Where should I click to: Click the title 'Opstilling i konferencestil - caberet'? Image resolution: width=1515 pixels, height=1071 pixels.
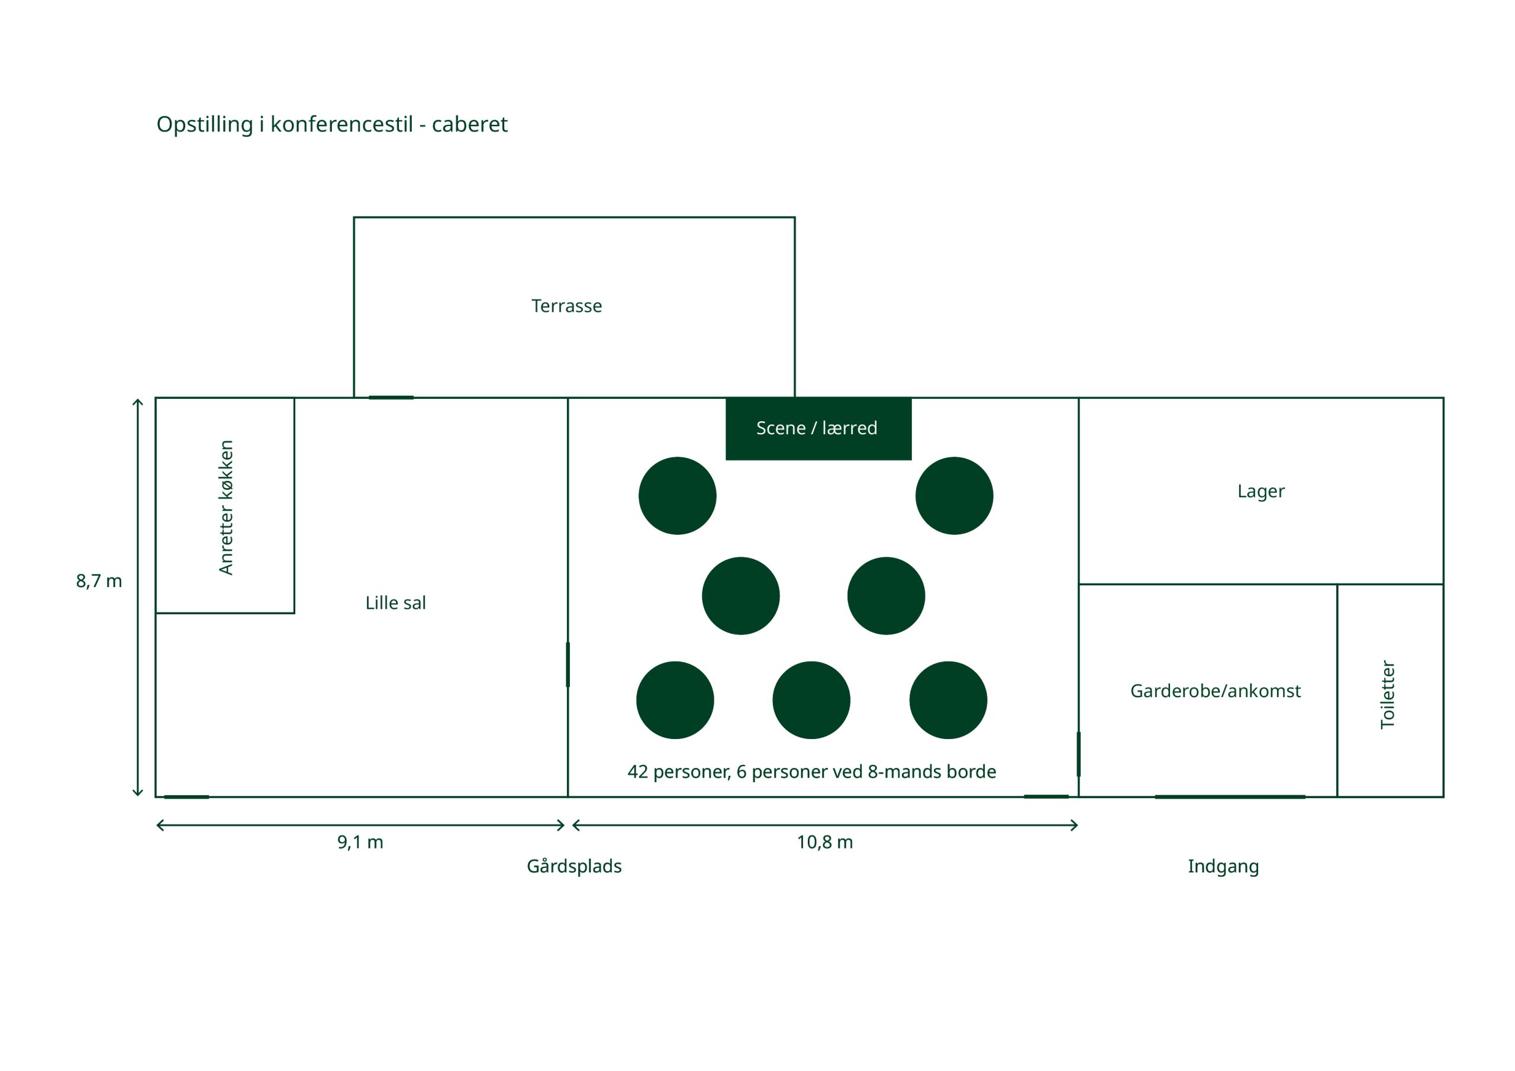[x=332, y=124]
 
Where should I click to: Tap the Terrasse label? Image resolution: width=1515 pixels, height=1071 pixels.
[x=566, y=306]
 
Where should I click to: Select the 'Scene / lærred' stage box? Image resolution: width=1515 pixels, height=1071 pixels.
[x=818, y=428]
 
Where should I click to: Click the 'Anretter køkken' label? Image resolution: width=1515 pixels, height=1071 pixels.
[x=225, y=508]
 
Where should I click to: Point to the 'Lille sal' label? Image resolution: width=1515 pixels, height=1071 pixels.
[x=395, y=602]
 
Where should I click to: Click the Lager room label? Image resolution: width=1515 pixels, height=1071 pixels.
[x=1261, y=492]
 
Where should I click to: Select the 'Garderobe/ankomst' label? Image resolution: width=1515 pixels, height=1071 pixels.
[x=1215, y=691]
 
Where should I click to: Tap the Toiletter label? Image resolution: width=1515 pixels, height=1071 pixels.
[x=1388, y=694]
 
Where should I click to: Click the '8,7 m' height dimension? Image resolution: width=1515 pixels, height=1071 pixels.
[x=99, y=580]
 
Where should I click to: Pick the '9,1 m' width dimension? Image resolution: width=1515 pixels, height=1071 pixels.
[x=360, y=842]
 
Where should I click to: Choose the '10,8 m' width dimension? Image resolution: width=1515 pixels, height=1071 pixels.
[x=824, y=842]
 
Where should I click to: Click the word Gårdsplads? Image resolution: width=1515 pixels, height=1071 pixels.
[x=573, y=866]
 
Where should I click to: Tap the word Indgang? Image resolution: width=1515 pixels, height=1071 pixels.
[x=1223, y=866]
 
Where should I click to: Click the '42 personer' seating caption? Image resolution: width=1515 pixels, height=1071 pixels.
[x=811, y=772]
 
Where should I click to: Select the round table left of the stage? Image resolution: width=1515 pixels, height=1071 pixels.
[x=677, y=496]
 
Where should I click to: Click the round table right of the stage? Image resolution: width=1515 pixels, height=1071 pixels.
[x=953, y=496]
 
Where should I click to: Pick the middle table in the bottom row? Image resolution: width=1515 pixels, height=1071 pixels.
[x=811, y=700]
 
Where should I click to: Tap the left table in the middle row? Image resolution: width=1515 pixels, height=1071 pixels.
[x=740, y=596]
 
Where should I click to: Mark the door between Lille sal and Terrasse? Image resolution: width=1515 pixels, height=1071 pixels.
[x=391, y=398]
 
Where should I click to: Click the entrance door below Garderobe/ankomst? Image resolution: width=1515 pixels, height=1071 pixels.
[x=1229, y=796]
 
